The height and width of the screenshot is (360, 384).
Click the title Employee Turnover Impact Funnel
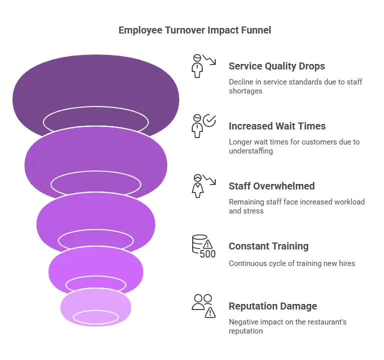[195, 30]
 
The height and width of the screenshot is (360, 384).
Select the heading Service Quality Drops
[277, 66]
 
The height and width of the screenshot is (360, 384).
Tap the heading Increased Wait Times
[277, 126]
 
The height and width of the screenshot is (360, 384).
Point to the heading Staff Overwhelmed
[272, 186]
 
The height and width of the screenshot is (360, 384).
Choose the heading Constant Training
[269, 246]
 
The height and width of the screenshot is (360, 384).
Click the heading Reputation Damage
[273, 306]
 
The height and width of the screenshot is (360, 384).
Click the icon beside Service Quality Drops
[204, 66]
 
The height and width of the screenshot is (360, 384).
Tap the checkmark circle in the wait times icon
[209, 120]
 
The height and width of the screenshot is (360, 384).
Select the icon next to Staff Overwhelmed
[204, 186]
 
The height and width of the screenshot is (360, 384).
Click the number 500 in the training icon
[208, 254]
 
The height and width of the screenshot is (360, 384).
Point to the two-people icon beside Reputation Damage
[202, 302]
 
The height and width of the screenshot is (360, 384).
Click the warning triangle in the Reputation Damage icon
[210, 312]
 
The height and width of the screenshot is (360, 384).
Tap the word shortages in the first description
[245, 91]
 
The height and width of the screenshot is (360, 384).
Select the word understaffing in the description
[251, 151]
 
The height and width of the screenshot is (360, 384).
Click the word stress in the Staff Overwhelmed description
[255, 211]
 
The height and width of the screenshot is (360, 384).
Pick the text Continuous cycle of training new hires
[292, 263]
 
